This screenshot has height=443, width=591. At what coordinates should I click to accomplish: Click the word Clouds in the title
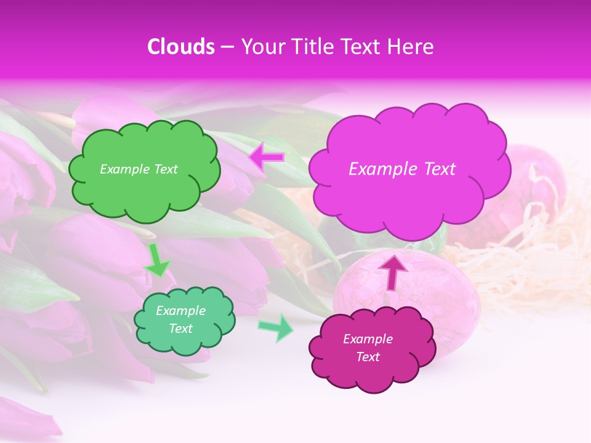pyautogui.click(x=181, y=47)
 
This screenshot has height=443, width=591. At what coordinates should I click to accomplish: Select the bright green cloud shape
pyautogui.click(x=143, y=191)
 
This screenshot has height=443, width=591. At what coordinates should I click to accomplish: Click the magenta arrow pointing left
pyautogui.click(x=267, y=158)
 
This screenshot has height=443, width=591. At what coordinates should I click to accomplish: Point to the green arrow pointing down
pyautogui.click(x=156, y=260)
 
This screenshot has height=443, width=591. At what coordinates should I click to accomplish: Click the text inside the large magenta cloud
pyautogui.click(x=402, y=169)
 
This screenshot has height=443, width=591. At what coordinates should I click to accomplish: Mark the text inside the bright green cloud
pyautogui.click(x=139, y=169)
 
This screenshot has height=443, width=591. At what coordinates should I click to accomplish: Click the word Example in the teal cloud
pyautogui.click(x=180, y=311)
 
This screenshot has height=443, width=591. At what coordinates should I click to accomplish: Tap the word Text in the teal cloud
pyautogui.click(x=180, y=329)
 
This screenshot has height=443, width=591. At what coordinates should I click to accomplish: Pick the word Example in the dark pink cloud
pyautogui.click(x=368, y=339)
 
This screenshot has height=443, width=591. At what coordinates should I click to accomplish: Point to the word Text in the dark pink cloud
pyautogui.click(x=368, y=357)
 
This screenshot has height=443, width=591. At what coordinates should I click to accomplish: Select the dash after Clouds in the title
pyautogui.click(x=227, y=47)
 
